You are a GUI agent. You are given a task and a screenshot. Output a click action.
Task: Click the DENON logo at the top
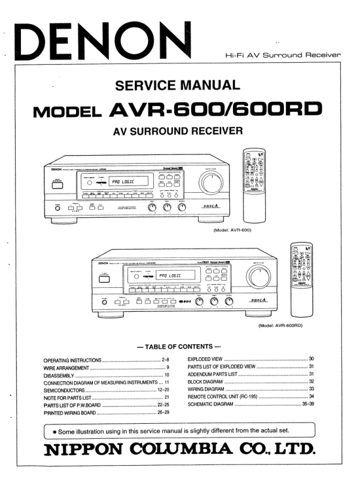click(x=102, y=39)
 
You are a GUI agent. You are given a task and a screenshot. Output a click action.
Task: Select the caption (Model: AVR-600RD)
click(x=281, y=325)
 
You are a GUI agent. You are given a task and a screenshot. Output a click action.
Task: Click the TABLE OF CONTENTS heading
click(x=179, y=347)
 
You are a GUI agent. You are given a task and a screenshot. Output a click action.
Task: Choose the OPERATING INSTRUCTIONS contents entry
click(x=72, y=359)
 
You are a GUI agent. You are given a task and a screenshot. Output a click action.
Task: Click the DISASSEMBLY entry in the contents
click(x=60, y=375)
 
